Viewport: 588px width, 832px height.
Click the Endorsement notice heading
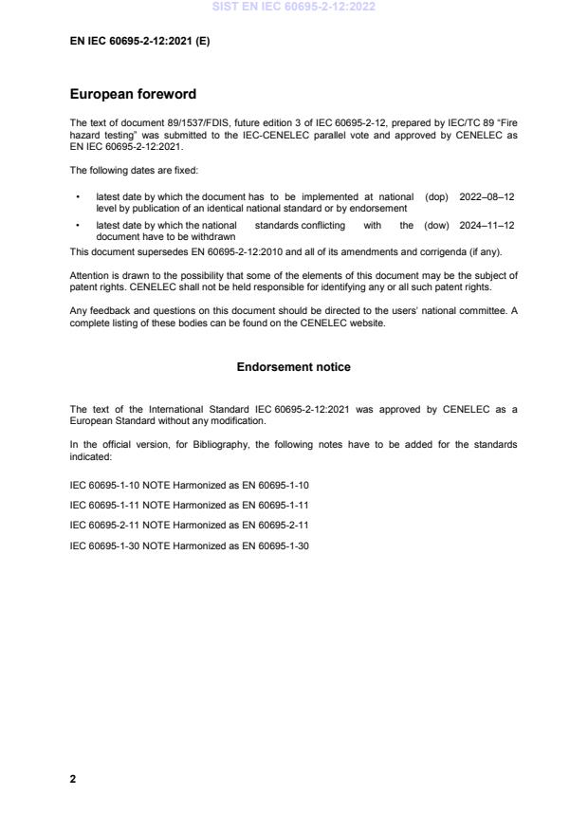(294, 366)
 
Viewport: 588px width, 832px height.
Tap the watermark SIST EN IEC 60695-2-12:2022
(294, 6)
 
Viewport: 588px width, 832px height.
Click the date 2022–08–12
(487, 197)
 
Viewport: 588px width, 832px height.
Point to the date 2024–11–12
(487, 225)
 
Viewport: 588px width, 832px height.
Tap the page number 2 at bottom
(73, 779)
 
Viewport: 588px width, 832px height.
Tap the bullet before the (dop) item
(76, 197)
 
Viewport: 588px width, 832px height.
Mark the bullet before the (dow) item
(76, 225)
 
